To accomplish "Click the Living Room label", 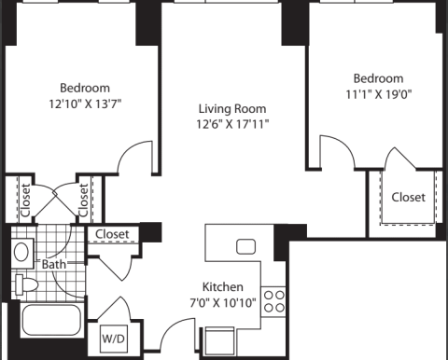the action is pyautogui.click(x=232, y=109).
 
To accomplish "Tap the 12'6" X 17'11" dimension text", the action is pyautogui.click(x=232, y=124).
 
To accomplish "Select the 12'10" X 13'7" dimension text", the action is pyautogui.click(x=85, y=104).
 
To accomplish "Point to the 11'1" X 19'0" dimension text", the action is pyautogui.click(x=379, y=94).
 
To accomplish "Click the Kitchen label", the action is pyautogui.click(x=223, y=286).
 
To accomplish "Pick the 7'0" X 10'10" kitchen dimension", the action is pyautogui.click(x=223, y=302).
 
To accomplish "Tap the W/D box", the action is pyautogui.click(x=114, y=339).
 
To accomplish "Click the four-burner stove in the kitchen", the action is pyautogui.click(x=273, y=301).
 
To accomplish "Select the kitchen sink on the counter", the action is pyautogui.click(x=246, y=246).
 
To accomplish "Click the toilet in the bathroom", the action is pyautogui.click(x=26, y=284).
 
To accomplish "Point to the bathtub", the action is pyautogui.click(x=51, y=320).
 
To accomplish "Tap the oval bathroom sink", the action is pyautogui.click(x=21, y=252).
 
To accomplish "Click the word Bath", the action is pyautogui.click(x=54, y=265).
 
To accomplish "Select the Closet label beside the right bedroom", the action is pyautogui.click(x=408, y=197).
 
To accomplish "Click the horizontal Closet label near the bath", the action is pyautogui.click(x=112, y=234).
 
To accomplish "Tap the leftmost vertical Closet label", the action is pyautogui.click(x=25, y=200).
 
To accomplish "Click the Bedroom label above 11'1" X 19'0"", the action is pyautogui.click(x=379, y=78).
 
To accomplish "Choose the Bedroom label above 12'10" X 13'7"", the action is pyautogui.click(x=85, y=88).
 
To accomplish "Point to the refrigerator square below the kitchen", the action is pyautogui.click(x=220, y=339).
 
